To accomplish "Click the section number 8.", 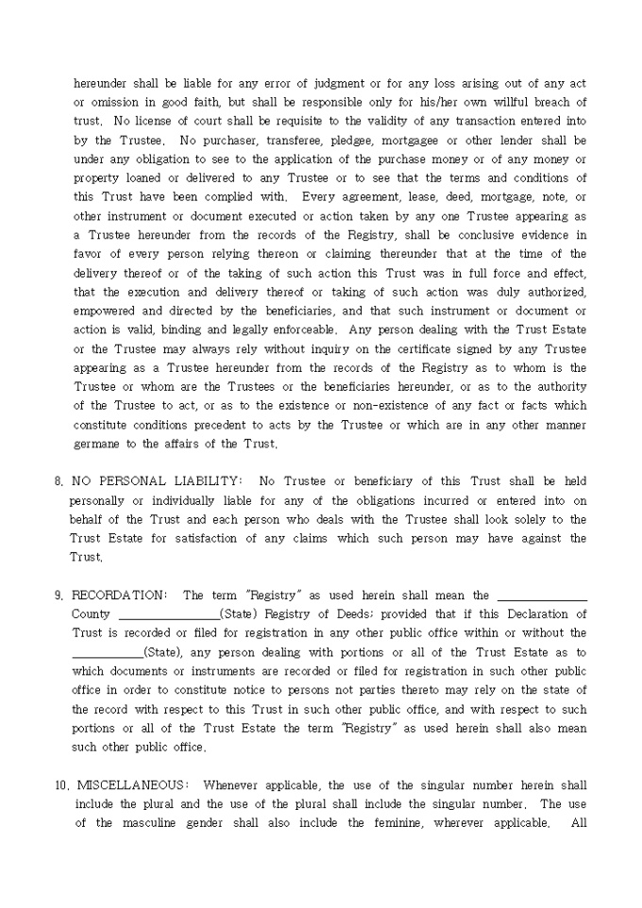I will coord(58,481).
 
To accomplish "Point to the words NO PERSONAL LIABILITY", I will coord(156,481).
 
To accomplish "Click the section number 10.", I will coord(60,785).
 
